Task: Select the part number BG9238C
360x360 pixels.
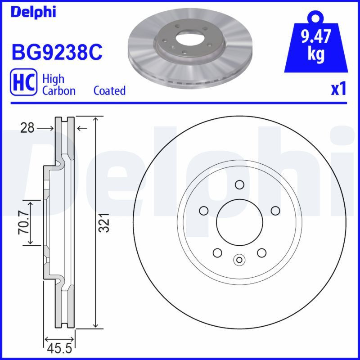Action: click(x=57, y=53)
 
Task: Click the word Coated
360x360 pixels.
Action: click(x=109, y=90)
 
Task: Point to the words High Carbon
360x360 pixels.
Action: click(x=58, y=85)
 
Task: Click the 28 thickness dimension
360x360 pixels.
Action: click(x=27, y=129)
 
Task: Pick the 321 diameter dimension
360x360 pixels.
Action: click(x=104, y=223)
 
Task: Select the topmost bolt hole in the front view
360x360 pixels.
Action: click(x=239, y=184)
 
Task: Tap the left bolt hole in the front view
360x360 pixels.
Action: click(x=203, y=211)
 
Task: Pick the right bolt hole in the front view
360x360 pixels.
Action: click(x=275, y=211)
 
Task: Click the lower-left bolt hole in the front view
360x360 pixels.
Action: click(x=217, y=253)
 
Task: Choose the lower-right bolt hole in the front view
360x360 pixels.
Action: click(x=261, y=253)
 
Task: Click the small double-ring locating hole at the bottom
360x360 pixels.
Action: click(x=239, y=259)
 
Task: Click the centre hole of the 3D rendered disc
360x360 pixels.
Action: click(x=189, y=38)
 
